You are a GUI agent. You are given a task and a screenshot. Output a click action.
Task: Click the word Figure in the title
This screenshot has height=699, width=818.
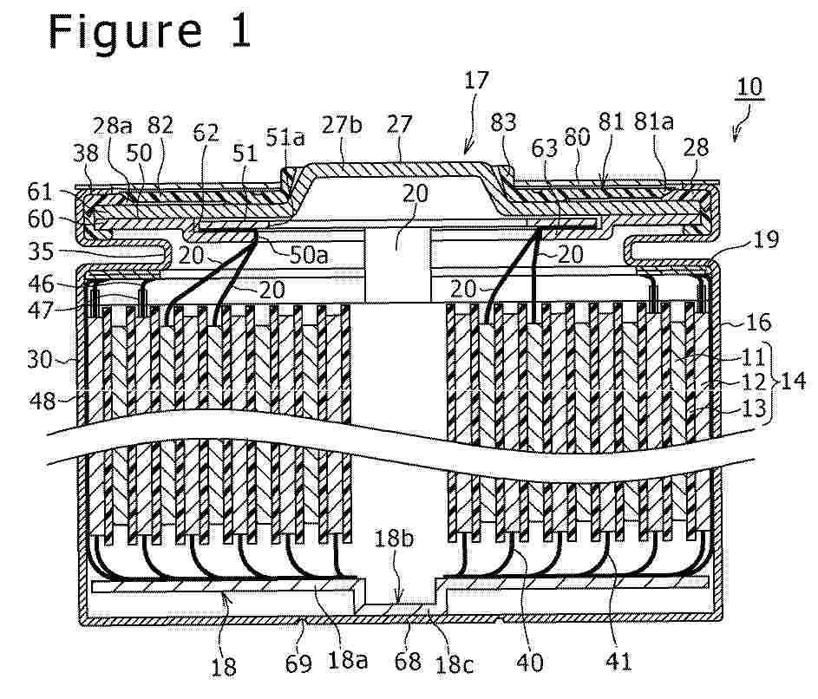(x=125, y=33)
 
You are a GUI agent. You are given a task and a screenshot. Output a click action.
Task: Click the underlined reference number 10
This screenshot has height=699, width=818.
(x=749, y=87)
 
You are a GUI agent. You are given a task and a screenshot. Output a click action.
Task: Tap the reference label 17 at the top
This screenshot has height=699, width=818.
(x=475, y=81)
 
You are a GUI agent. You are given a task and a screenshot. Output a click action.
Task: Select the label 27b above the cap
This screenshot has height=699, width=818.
(x=342, y=125)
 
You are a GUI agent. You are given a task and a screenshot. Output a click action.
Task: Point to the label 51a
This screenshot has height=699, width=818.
(x=285, y=137)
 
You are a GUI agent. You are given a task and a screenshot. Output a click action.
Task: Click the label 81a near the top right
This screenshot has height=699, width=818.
(x=654, y=121)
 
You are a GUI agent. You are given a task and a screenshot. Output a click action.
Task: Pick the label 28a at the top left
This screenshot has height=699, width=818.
(x=113, y=126)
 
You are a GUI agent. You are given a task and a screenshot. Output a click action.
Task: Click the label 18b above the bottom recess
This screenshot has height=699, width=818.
(x=394, y=539)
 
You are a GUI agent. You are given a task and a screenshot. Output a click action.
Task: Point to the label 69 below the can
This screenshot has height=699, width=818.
(x=298, y=663)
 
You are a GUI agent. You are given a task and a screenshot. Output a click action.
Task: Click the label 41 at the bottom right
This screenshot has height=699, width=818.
(x=618, y=662)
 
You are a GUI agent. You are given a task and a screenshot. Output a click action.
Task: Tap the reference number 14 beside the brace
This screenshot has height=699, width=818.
(x=793, y=381)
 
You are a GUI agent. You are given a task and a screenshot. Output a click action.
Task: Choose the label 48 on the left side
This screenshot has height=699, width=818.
(x=43, y=401)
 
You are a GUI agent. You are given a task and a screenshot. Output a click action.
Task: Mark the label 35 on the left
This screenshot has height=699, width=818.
(x=41, y=252)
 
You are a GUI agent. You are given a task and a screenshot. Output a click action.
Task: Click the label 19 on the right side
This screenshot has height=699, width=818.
(x=766, y=239)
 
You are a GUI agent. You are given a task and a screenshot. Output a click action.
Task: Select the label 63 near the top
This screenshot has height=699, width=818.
(x=545, y=148)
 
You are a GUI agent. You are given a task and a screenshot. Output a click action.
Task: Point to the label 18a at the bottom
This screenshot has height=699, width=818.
(x=348, y=660)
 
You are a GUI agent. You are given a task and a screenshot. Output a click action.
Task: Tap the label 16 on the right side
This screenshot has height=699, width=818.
(x=758, y=323)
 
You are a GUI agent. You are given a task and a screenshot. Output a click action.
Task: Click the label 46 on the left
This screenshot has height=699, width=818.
(x=41, y=284)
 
